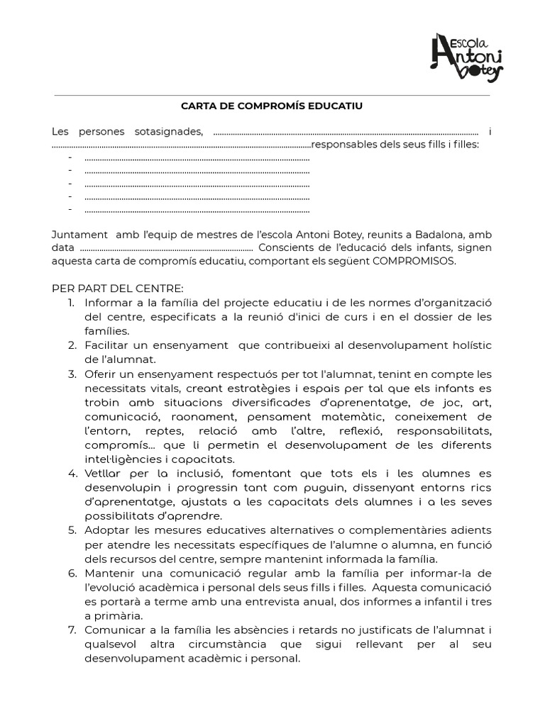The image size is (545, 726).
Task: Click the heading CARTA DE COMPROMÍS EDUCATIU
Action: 272,106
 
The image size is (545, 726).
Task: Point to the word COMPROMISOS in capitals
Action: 417,261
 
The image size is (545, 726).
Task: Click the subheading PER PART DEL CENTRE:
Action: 118,289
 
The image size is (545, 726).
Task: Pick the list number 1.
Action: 72,303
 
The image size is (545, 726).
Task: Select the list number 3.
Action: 72,374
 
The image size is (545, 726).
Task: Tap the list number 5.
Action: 72,530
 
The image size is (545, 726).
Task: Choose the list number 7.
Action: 72,630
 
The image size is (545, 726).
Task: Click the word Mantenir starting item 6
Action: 109,573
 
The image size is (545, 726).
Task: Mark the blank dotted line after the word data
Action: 167,248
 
